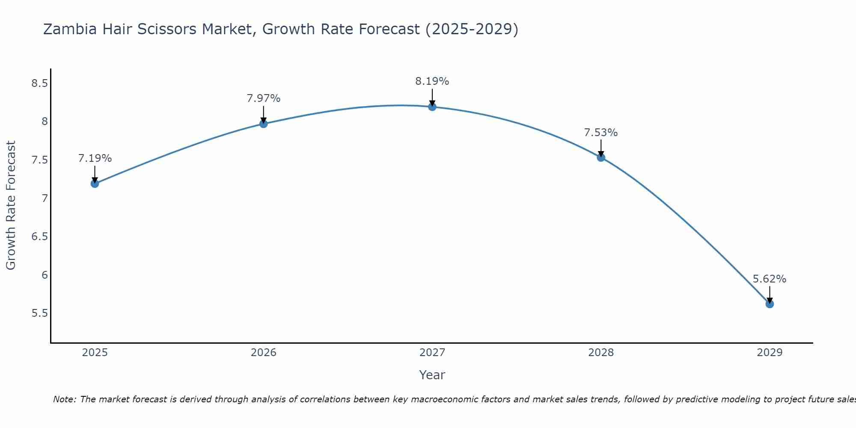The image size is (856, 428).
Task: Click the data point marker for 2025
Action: tap(95, 184)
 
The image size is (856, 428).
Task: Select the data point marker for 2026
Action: tap(264, 124)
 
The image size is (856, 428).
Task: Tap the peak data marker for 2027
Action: tap(432, 107)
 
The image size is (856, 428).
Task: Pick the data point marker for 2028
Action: tap(601, 158)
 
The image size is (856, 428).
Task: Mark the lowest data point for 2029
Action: tap(770, 304)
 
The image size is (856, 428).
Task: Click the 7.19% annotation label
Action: tap(95, 158)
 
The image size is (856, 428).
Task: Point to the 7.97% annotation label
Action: tap(264, 98)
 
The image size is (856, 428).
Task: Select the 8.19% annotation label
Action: tap(432, 81)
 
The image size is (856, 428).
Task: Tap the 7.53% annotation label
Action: tap(601, 133)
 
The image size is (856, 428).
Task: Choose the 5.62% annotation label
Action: tap(770, 279)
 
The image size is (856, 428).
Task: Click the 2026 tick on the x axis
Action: tap(264, 353)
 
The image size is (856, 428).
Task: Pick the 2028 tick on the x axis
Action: tap(601, 353)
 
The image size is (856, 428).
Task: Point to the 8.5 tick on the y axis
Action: tap(39, 83)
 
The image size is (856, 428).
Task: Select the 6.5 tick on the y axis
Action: tap(39, 236)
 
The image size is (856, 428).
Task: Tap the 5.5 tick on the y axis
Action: tap(39, 313)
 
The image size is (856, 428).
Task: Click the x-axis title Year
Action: tap(432, 375)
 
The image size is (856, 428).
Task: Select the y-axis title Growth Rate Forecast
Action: tap(11, 205)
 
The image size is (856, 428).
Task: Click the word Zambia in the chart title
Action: tap(69, 29)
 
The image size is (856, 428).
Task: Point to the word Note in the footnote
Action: tap(64, 399)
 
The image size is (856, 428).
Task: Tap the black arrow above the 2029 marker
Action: tap(770, 294)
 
